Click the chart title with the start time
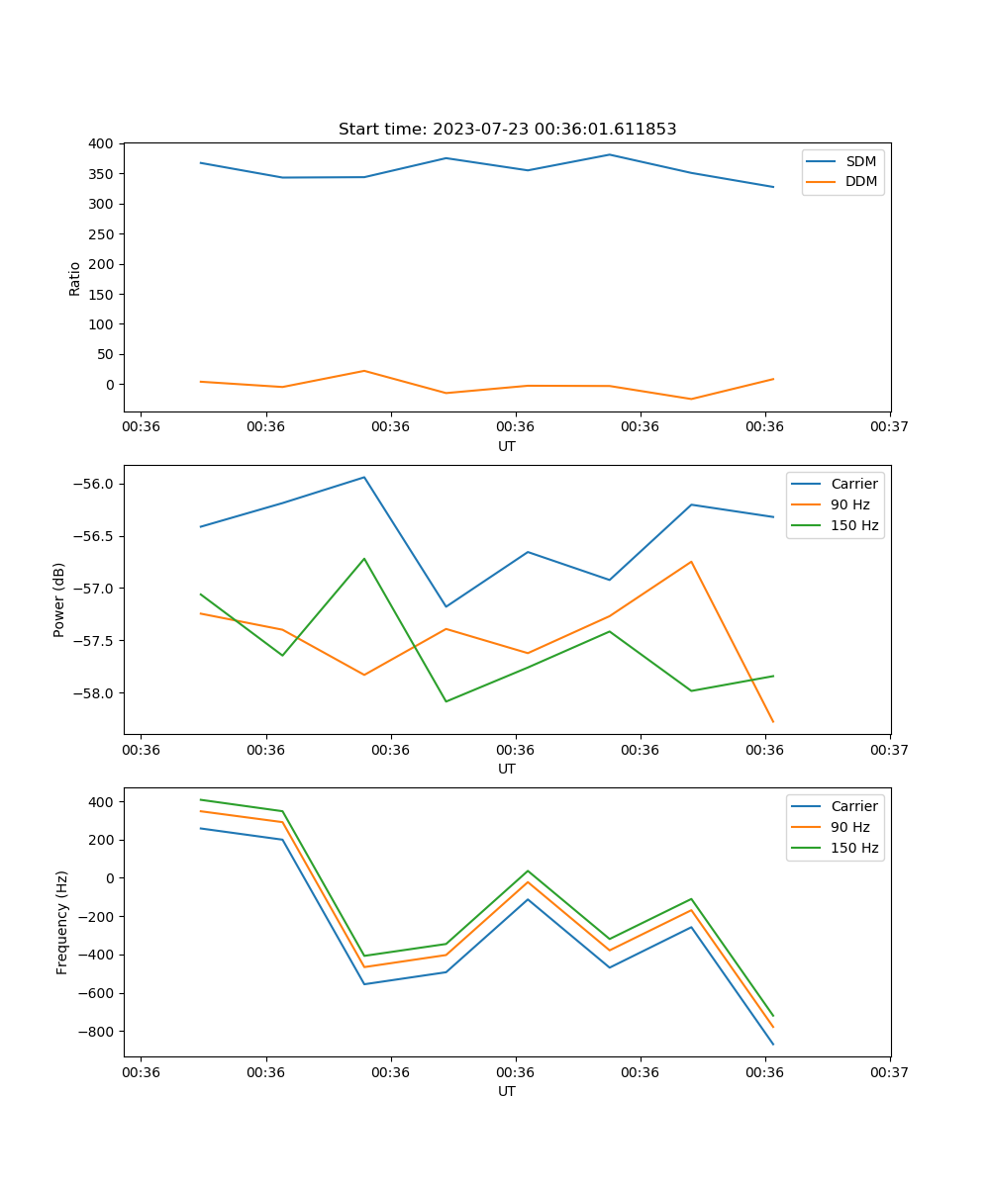507,130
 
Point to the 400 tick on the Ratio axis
99,143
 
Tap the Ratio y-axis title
75,277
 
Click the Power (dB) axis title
59,599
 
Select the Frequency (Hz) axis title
62,922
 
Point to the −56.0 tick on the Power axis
94,484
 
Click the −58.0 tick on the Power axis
94,692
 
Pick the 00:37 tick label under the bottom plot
890,1071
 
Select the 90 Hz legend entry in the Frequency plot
850,827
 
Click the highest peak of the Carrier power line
364,477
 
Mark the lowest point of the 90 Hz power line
773,722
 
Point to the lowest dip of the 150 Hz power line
445,701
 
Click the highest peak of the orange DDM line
364,371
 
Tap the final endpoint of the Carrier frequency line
773,1045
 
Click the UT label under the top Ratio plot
507,446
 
